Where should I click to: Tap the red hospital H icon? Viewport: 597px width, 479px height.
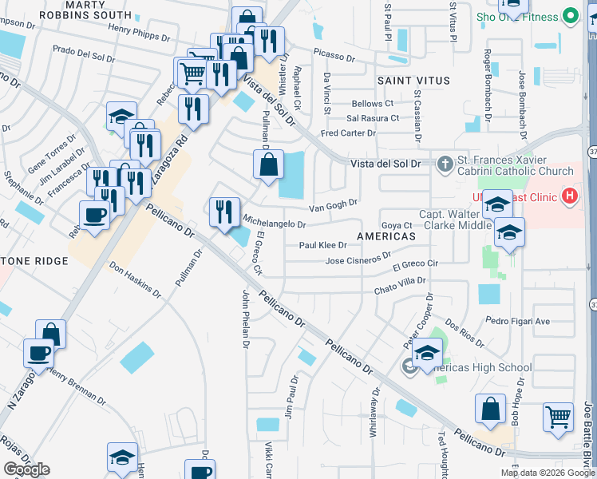(x=569, y=196)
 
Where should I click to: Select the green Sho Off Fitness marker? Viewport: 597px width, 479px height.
(x=570, y=16)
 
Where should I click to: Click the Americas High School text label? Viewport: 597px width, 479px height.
(x=479, y=368)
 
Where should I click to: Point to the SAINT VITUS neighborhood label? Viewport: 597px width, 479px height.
(x=413, y=81)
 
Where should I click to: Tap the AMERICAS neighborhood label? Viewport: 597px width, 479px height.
(x=386, y=237)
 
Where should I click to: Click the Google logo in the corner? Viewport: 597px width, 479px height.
(x=26, y=469)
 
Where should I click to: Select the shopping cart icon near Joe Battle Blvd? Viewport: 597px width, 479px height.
(x=558, y=416)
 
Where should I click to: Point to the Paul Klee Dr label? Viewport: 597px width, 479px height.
(x=322, y=246)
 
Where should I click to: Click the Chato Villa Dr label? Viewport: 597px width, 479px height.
(x=400, y=283)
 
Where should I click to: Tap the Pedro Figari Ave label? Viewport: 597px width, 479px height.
(x=518, y=321)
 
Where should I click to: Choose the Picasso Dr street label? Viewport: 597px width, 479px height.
(x=334, y=57)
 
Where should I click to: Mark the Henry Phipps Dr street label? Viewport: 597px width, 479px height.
(x=140, y=30)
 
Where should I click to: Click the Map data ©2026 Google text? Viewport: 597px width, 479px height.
(x=548, y=473)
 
